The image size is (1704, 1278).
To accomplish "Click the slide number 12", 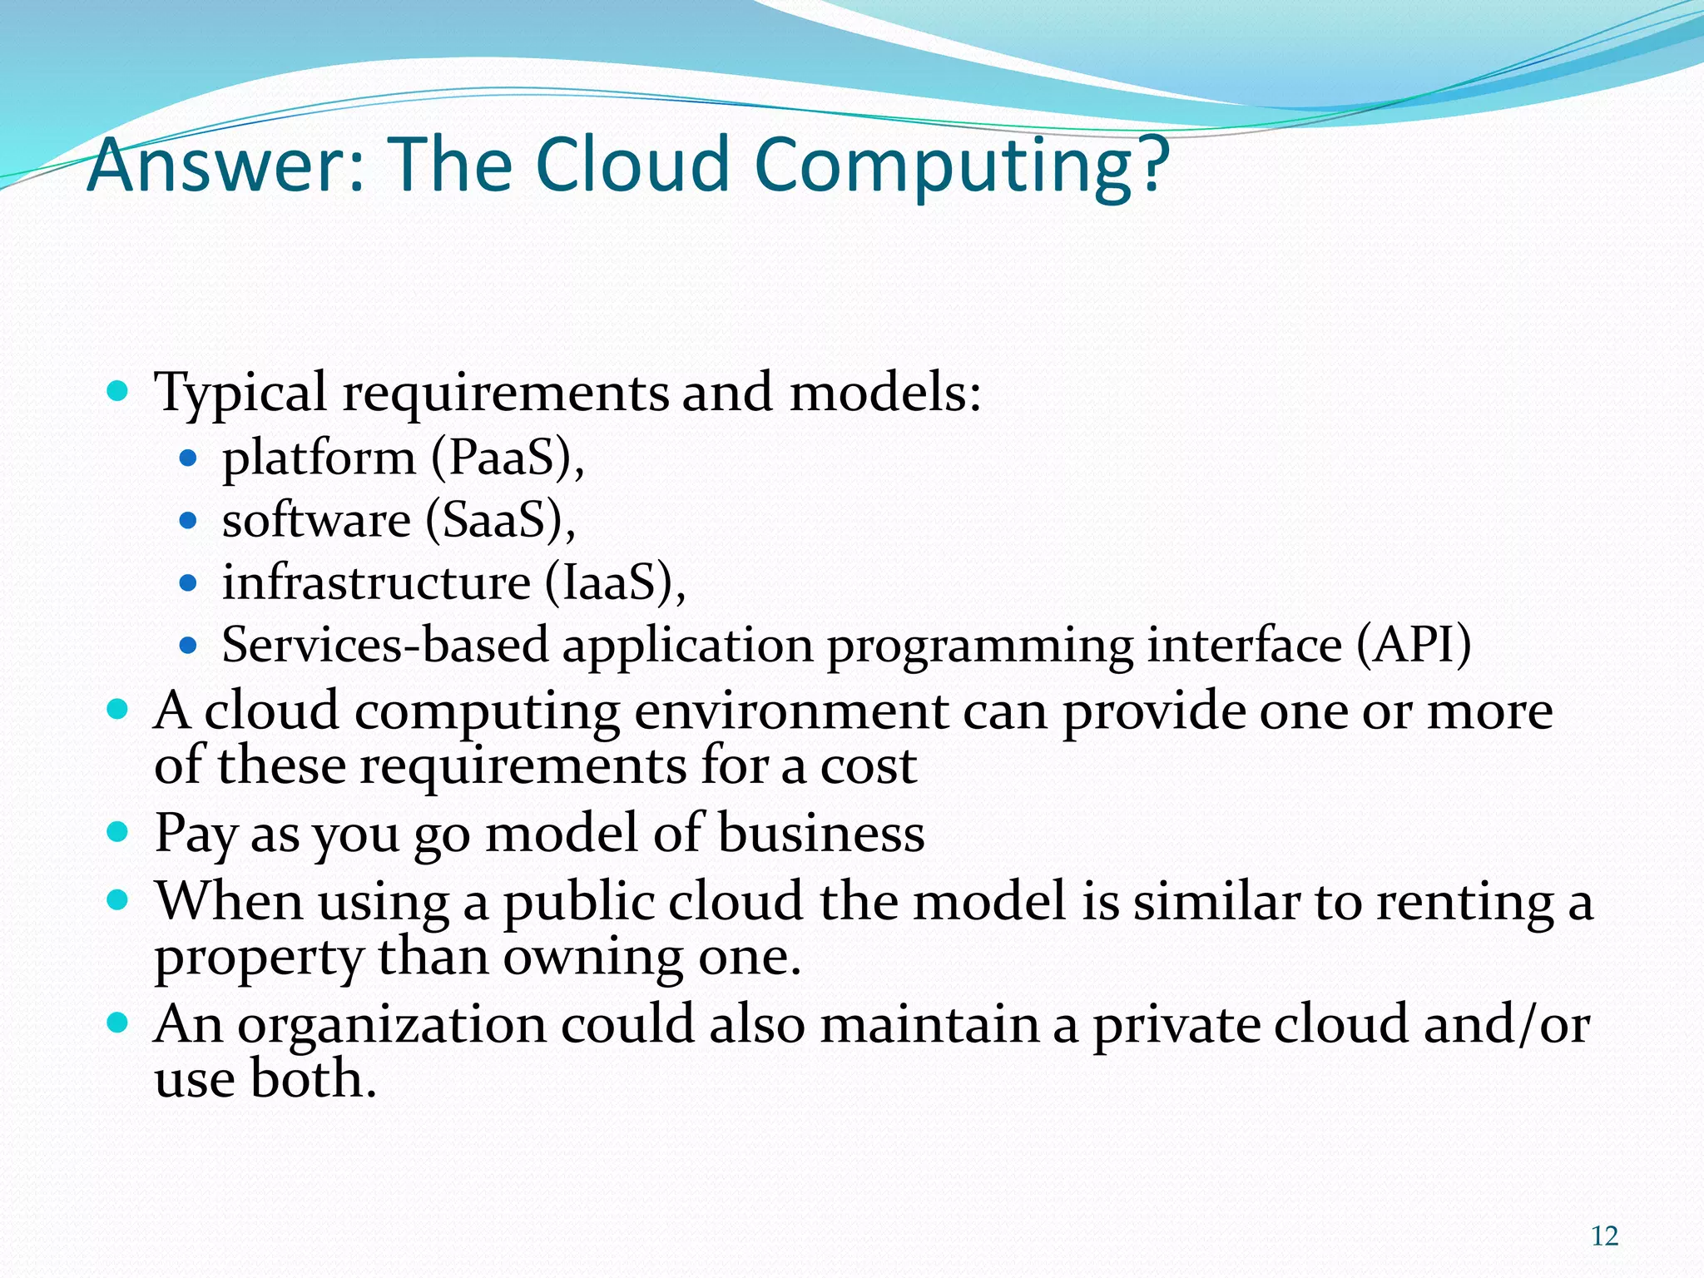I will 1604,1236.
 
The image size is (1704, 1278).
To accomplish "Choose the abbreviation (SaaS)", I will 499,521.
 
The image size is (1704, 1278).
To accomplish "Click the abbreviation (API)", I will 1414,645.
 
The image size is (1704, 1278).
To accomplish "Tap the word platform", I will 319,458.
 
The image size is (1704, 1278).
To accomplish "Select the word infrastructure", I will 376,582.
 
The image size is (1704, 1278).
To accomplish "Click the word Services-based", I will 385,645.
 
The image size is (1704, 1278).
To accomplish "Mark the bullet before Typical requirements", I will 118,389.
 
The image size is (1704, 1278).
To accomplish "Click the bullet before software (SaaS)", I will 188,521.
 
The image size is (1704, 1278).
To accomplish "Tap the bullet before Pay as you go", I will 118,830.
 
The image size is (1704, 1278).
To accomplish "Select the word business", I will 821,833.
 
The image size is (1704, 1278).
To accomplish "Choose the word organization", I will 391,1025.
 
